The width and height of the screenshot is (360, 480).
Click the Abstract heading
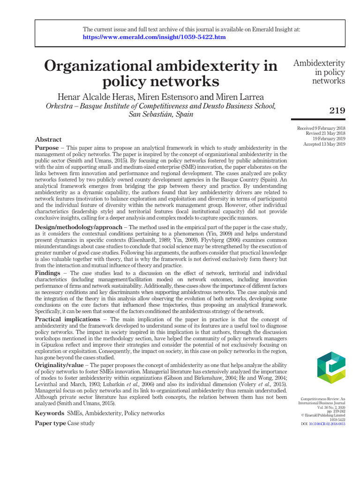point(48,139)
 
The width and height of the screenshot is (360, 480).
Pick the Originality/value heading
point(61,365)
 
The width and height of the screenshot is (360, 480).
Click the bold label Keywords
point(50,413)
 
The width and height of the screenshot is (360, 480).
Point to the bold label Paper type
point(51,423)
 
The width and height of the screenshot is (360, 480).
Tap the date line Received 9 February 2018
point(321,128)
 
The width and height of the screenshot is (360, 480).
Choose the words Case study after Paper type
point(81,423)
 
